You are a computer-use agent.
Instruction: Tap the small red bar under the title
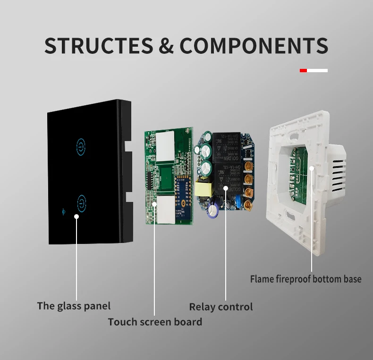303,70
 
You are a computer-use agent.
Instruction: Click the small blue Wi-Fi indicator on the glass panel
64,211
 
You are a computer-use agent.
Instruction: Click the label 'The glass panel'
74,306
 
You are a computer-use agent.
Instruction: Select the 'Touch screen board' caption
155,322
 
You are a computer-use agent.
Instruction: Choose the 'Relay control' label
221,307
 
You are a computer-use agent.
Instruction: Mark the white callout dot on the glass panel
76,217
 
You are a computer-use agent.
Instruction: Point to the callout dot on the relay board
226,188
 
